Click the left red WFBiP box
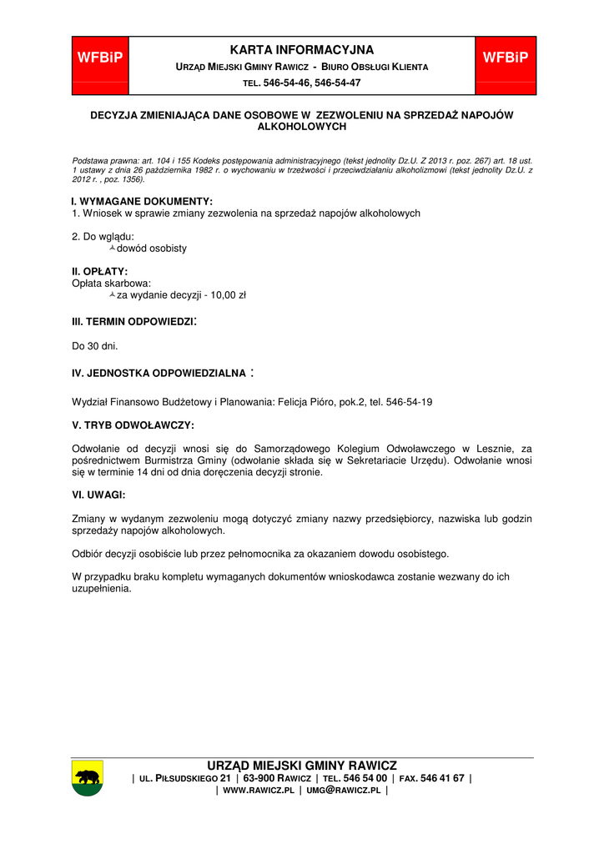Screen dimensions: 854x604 point(100,58)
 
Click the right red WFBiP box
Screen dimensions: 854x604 point(506,58)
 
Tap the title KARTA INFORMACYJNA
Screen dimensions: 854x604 point(302,50)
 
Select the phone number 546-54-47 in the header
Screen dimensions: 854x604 point(338,83)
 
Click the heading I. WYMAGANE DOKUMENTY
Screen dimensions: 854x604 point(142,201)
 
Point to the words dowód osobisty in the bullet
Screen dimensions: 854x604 point(152,249)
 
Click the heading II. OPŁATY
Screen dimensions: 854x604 point(99,271)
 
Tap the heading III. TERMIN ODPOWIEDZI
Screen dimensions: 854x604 point(133,321)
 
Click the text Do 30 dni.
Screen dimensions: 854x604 point(95,345)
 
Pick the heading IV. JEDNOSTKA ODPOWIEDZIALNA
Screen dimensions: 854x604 point(159,373)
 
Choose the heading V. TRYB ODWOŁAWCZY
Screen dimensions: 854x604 point(133,425)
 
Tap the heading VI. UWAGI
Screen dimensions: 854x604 point(98,495)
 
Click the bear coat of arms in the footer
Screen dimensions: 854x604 point(87,778)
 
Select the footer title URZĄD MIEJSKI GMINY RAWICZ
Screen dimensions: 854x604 point(302,766)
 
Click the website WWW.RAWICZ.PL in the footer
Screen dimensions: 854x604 point(259,790)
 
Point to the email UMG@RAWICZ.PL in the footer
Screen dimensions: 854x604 point(343,790)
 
